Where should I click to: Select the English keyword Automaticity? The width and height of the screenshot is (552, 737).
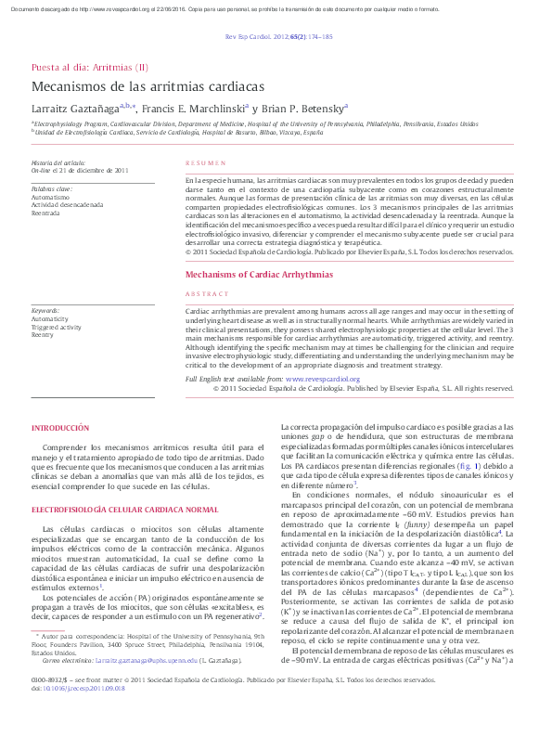(x=50, y=318)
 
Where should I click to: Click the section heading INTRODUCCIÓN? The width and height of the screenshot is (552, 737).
(x=60, y=428)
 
